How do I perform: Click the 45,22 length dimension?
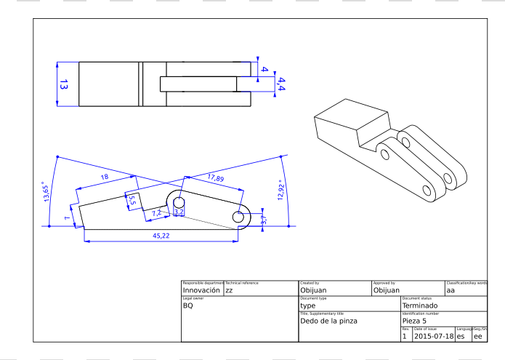(x=161, y=236)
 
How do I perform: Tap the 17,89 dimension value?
(x=215, y=178)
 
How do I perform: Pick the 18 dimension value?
(x=105, y=177)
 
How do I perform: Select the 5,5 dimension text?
(x=132, y=199)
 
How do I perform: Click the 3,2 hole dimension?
(x=179, y=212)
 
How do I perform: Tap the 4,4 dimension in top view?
(x=281, y=84)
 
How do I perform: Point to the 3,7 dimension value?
(x=264, y=218)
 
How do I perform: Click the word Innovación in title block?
(x=201, y=290)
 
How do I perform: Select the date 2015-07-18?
(x=434, y=336)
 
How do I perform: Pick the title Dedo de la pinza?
(x=328, y=321)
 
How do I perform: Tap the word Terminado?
(x=429, y=305)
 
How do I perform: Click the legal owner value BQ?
(x=188, y=305)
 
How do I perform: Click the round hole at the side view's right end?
(x=238, y=217)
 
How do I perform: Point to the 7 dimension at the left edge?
(x=66, y=217)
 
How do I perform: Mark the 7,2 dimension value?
(x=156, y=212)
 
